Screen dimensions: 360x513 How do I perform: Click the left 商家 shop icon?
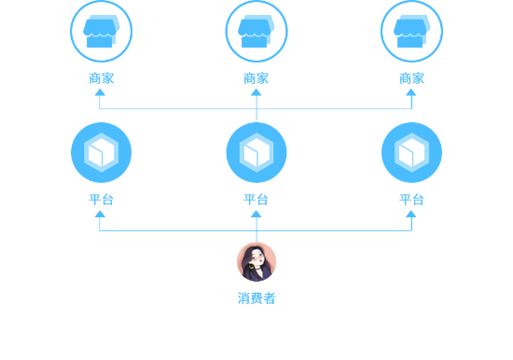(101, 31)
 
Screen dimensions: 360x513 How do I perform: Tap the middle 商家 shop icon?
(256, 31)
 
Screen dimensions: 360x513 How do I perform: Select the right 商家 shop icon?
(411, 31)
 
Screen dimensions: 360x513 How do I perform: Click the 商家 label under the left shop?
(101, 78)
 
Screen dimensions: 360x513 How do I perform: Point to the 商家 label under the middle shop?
(256, 78)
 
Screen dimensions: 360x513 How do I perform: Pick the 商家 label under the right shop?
(411, 78)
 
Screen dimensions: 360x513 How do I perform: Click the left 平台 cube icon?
(101, 152)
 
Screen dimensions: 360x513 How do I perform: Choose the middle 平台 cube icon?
(256, 152)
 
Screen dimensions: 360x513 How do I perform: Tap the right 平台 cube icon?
(411, 152)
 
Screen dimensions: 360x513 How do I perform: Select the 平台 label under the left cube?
(101, 199)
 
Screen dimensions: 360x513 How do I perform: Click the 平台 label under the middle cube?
(256, 199)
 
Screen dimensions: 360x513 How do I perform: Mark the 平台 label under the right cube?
(411, 199)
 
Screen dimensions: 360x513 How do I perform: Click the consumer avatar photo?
(256, 261)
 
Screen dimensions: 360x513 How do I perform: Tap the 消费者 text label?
(256, 298)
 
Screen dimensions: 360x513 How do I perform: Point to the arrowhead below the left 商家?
(101, 92)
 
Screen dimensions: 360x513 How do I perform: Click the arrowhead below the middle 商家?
(256, 92)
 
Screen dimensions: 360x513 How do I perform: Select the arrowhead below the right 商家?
(411, 92)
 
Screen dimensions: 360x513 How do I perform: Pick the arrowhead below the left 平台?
(101, 214)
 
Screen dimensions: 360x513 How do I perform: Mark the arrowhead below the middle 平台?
(256, 214)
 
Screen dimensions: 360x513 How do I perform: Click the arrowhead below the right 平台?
(411, 214)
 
